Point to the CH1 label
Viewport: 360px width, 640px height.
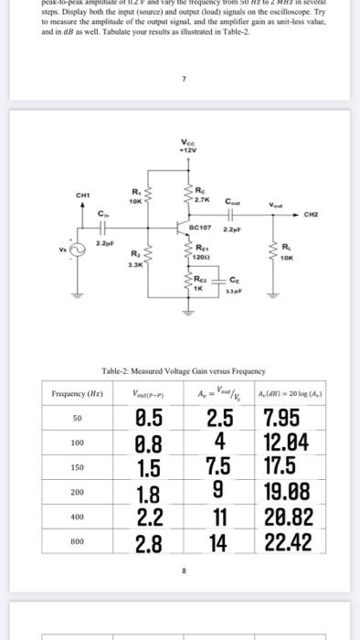(82, 194)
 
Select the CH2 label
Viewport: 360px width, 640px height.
(312, 216)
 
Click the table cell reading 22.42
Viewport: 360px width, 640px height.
(288, 542)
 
